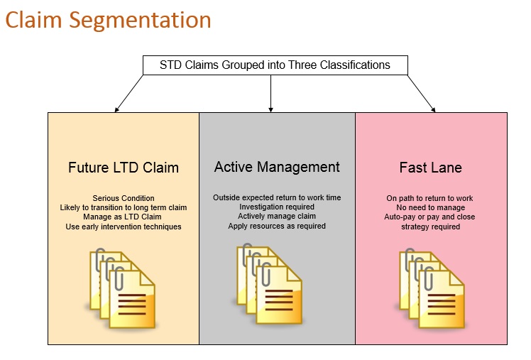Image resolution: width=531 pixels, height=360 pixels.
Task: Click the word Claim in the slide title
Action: tap(33, 20)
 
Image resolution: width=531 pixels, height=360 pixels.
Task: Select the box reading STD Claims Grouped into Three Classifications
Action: tap(275, 65)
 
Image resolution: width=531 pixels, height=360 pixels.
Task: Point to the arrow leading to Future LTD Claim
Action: tap(129, 94)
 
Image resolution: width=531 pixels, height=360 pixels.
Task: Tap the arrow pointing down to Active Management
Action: tap(270, 94)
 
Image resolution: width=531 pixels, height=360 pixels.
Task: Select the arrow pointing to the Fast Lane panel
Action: tap(421, 94)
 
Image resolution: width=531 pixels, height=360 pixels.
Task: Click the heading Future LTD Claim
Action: tap(124, 168)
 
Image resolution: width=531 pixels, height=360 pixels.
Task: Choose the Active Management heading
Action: tap(277, 167)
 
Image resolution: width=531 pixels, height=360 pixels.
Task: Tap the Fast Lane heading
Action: tap(431, 168)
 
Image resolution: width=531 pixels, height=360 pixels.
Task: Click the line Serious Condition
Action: tap(124, 198)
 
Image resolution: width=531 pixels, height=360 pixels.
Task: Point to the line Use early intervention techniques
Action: tap(124, 227)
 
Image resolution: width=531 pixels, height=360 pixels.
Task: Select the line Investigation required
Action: tap(277, 207)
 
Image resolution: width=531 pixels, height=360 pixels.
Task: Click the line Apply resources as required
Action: tap(277, 226)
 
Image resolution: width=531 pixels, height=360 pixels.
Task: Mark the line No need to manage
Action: tap(430, 207)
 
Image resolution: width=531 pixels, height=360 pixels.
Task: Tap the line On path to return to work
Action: tap(429, 198)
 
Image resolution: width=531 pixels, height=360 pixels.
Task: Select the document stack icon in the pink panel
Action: tap(431, 288)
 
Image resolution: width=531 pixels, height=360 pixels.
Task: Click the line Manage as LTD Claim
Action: tap(122, 217)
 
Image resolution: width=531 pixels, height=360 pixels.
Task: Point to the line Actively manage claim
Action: tap(277, 216)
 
